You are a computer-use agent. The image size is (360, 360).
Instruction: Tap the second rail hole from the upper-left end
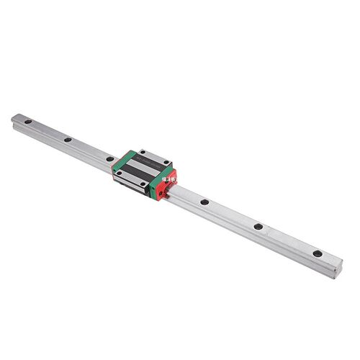click(x=67, y=140)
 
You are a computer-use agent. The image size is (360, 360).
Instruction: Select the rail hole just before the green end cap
click(x=109, y=159)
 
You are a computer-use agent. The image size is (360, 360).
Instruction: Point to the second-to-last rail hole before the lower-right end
click(x=257, y=228)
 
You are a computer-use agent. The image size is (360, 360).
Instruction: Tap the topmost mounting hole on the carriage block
click(x=143, y=153)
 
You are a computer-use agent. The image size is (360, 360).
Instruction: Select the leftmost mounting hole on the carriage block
click(x=115, y=171)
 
